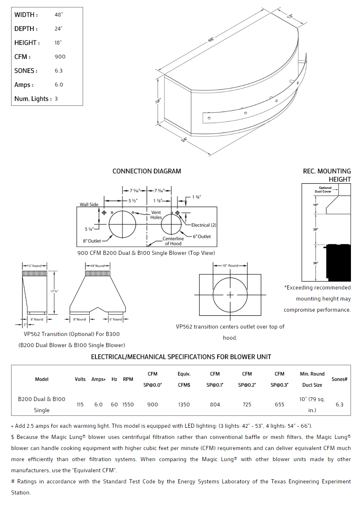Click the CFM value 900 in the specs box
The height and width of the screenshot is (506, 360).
tap(60, 57)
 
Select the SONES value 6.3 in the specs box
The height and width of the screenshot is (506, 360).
tap(59, 71)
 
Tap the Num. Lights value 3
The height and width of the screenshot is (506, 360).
tap(56, 99)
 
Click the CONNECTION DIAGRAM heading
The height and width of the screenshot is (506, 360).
tap(146, 171)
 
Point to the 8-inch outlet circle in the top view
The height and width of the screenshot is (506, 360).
tap(122, 224)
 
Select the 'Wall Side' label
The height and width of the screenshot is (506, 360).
tap(89, 205)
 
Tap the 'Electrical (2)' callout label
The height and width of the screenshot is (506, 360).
tap(204, 225)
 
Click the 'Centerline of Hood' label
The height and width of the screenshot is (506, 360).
tap(173, 241)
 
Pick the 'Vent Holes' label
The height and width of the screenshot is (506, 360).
tap(156, 215)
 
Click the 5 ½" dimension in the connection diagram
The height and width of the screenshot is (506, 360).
tap(132, 201)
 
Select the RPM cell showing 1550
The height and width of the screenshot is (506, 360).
tap(128, 405)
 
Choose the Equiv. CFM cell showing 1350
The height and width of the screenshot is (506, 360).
tap(184, 405)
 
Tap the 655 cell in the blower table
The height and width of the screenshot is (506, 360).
tap(279, 405)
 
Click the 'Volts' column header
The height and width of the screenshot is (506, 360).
tap(80, 379)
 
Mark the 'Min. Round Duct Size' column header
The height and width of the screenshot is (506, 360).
tap(312, 379)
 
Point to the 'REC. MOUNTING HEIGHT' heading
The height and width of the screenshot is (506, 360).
tap(327, 175)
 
